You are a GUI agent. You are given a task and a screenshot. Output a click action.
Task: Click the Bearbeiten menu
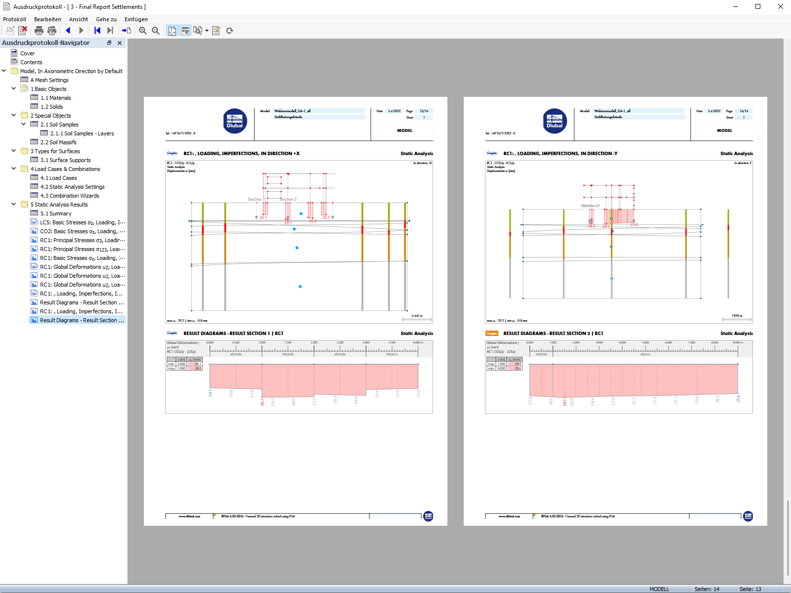coord(47,19)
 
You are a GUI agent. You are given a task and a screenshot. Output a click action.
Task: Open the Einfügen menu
coord(136,19)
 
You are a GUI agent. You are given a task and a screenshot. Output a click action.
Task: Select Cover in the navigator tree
coord(27,53)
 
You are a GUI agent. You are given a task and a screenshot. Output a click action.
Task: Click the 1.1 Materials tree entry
coord(55,98)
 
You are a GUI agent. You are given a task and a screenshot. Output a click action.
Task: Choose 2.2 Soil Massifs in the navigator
coord(58,142)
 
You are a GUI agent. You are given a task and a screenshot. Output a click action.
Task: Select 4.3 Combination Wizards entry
coord(69,196)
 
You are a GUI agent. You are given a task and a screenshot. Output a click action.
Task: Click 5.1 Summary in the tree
coord(55,213)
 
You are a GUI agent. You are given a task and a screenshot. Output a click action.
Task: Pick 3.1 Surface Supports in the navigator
coord(65,160)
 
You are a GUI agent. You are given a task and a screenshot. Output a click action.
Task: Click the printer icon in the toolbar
coord(39,31)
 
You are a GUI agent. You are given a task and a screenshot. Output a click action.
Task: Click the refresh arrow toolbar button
coord(229,31)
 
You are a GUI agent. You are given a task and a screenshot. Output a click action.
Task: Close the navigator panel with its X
coord(120,43)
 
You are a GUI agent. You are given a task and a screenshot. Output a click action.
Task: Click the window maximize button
coord(758,6)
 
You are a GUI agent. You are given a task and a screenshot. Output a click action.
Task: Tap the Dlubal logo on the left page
coord(235,121)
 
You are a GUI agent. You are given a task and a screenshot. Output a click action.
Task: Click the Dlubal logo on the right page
coord(555,121)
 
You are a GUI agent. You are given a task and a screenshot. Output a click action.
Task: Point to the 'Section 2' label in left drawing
coord(288,199)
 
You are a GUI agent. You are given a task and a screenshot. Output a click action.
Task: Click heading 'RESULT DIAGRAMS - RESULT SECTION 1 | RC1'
coord(233,334)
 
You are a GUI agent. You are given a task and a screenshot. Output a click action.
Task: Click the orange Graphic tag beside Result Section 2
coord(492,334)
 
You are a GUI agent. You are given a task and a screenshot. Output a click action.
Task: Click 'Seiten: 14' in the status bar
coord(706,589)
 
